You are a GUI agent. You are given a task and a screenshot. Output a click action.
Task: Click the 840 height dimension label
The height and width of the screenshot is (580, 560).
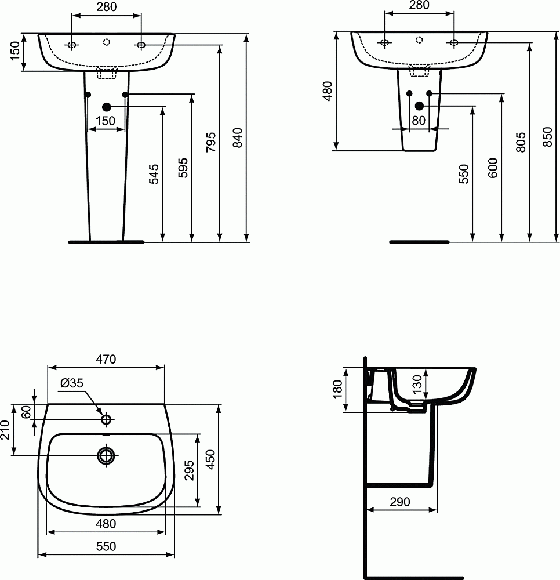237,137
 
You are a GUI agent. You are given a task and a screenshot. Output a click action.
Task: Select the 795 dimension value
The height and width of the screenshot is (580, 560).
210,142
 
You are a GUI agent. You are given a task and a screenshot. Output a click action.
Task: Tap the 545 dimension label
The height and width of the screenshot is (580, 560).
154,174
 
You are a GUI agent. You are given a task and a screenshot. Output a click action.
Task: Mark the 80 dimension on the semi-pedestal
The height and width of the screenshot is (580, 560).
419,121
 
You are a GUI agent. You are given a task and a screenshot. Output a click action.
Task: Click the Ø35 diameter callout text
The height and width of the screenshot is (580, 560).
72,383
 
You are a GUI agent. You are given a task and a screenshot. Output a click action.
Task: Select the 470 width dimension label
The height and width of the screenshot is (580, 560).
106,360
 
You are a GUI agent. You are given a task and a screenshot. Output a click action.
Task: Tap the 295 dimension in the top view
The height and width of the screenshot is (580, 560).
189,470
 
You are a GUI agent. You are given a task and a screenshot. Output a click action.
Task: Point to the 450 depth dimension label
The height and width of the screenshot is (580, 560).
211,459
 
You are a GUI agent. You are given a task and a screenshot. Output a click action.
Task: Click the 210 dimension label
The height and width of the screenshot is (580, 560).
5,430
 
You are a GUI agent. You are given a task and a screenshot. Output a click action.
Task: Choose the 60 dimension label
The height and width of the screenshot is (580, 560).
26,411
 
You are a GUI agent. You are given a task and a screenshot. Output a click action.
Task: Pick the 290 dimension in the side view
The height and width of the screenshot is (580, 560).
399,502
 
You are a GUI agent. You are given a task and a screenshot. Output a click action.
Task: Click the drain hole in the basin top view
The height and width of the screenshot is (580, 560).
106,456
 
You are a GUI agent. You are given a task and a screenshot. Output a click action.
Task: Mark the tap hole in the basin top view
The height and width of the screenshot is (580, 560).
106,419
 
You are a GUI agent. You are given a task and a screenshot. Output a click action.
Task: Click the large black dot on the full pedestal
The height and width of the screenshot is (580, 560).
106,107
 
